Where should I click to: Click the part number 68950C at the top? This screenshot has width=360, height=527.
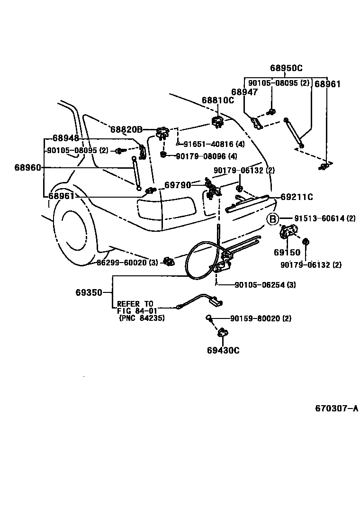click(x=286, y=68)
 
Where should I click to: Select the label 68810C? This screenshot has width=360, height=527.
click(x=217, y=100)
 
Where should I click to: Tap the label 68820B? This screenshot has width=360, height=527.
click(x=126, y=129)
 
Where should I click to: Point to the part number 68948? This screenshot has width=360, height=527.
click(x=66, y=138)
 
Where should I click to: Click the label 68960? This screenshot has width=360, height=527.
click(x=27, y=167)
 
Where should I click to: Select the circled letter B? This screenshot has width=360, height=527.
click(x=273, y=219)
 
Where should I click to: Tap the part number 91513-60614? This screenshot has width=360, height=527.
click(x=324, y=218)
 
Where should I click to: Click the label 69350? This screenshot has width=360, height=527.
click(x=89, y=292)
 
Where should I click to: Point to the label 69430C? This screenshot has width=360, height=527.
click(x=223, y=350)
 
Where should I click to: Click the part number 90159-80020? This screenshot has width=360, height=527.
click(x=261, y=318)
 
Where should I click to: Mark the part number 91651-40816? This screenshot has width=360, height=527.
click(x=214, y=144)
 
